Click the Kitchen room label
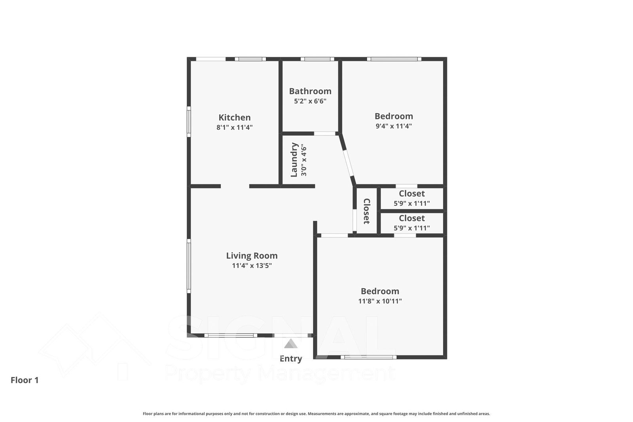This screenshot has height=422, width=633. point(235,118)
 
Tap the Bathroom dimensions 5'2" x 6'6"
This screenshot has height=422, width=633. point(310,101)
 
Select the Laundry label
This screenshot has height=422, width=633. point(294,160)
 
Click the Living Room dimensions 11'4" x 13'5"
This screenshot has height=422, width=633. point(252,266)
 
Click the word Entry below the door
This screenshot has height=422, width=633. point(291,359)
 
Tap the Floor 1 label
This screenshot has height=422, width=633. point(25,380)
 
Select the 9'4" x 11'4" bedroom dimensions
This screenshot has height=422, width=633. point(394,126)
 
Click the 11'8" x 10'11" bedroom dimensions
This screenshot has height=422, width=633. point(380,301)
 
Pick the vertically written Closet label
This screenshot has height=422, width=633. point(366,211)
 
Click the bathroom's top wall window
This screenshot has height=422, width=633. point(317,59)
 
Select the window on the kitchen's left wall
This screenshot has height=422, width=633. point(189,121)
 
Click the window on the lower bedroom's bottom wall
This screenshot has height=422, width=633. point(369,357)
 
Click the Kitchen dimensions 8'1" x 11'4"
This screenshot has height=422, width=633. point(235,127)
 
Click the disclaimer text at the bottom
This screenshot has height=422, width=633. point(316,414)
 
